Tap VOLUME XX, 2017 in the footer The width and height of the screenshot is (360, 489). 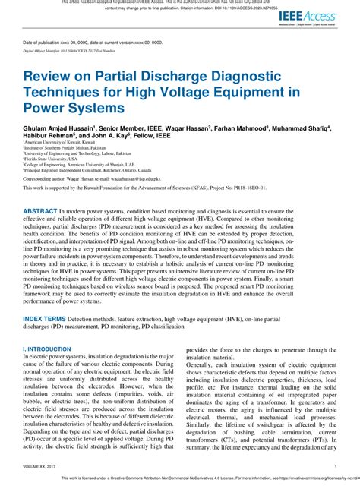(x=43, y=468)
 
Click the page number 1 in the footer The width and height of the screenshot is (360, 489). (x=335, y=468)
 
